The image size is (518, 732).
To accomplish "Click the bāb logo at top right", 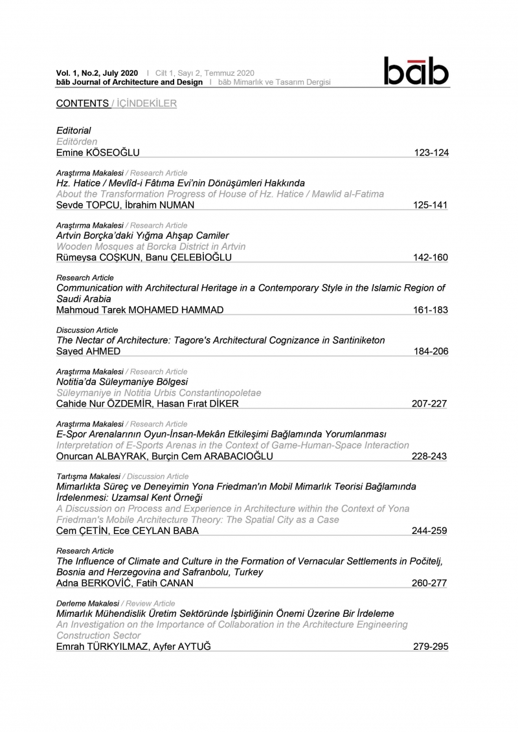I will (x=416, y=72).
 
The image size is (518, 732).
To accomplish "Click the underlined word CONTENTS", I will (x=82, y=104).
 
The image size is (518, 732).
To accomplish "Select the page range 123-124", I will (x=431, y=153).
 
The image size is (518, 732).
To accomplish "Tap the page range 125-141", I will (x=431, y=205).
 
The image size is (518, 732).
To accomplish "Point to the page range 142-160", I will (x=431, y=258).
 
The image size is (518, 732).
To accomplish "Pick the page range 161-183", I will (x=431, y=310).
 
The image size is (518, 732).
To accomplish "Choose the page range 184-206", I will (x=431, y=351).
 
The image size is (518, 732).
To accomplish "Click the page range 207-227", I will (x=430, y=404).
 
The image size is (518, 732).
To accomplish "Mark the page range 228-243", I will (x=430, y=456).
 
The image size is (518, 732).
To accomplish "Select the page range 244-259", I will (x=430, y=531).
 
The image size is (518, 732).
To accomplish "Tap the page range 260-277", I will (x=430, y=584).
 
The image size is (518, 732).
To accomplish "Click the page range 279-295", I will (x=431, y=647).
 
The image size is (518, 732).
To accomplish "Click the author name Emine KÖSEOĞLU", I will (x=98, y=153).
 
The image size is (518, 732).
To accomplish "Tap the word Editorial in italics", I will (x=74, y=131).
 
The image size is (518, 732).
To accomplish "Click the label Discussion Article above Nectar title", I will (x=87, y=330).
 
